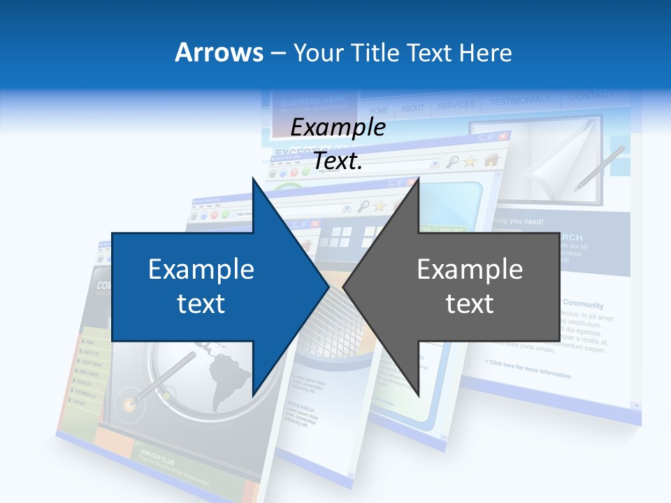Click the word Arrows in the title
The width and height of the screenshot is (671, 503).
tap(218, 52)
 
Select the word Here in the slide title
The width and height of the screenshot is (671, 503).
tap(486, 52)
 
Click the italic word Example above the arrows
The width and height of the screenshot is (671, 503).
tap(338, 128)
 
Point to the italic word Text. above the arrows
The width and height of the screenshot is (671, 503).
tap(338, 161)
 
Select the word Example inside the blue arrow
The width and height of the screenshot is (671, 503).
tap(201, 270)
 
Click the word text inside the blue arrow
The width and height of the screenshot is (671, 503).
tap(201, 304)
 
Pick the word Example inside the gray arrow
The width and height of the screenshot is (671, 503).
tap(470, 270)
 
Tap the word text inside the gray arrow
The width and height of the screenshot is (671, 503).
tap(470, 304)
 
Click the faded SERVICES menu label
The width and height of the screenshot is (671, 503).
tap(456, 105)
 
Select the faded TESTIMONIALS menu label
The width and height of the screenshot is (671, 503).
tap(520, 101)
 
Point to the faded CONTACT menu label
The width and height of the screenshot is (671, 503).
tap(591, 96)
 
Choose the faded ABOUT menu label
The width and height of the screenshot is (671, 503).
tap(412, 108)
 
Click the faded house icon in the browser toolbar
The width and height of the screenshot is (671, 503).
tap(491, 160)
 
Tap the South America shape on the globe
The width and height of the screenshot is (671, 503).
tap(230, 374)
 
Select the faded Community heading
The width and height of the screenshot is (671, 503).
tap(583, 305)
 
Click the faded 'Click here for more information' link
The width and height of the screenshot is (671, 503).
tap(528, 369)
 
